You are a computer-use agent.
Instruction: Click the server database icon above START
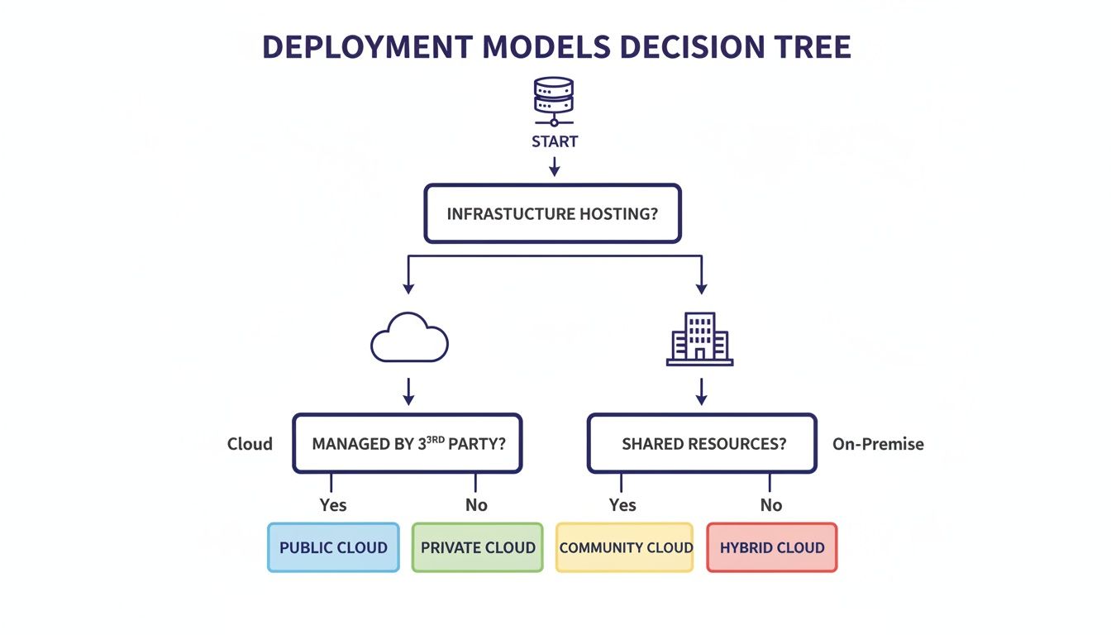click(x=554, y=101)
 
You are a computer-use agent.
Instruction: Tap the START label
click(x=555, y=142)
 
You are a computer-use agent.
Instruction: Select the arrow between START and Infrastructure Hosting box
click(x=555, y=167)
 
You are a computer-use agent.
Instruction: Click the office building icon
click(x=700, y=339)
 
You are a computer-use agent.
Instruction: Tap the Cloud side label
click(x=250, y=444)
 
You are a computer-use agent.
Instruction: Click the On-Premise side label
click(x=878, y=444)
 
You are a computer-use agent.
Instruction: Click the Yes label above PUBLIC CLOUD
click(x=333, y=505)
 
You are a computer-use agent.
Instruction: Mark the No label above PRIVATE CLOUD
click(x=476, y=505)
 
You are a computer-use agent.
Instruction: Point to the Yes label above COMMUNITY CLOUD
click(x=622, y=505)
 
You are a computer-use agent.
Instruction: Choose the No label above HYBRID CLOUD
click(x=771, y=505)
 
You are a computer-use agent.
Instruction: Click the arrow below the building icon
click(x=701, y=392)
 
